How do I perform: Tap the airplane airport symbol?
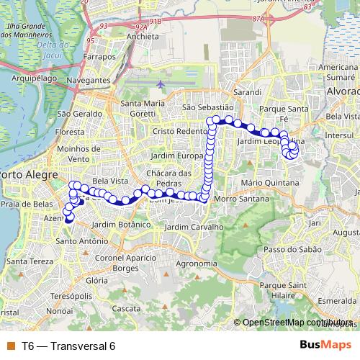tap(159, 85)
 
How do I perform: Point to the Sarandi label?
tap(246, 94)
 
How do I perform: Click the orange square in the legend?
tap(10, 346)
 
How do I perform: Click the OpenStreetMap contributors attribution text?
tap(297, 322)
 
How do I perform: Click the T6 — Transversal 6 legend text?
tap(68, 346)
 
